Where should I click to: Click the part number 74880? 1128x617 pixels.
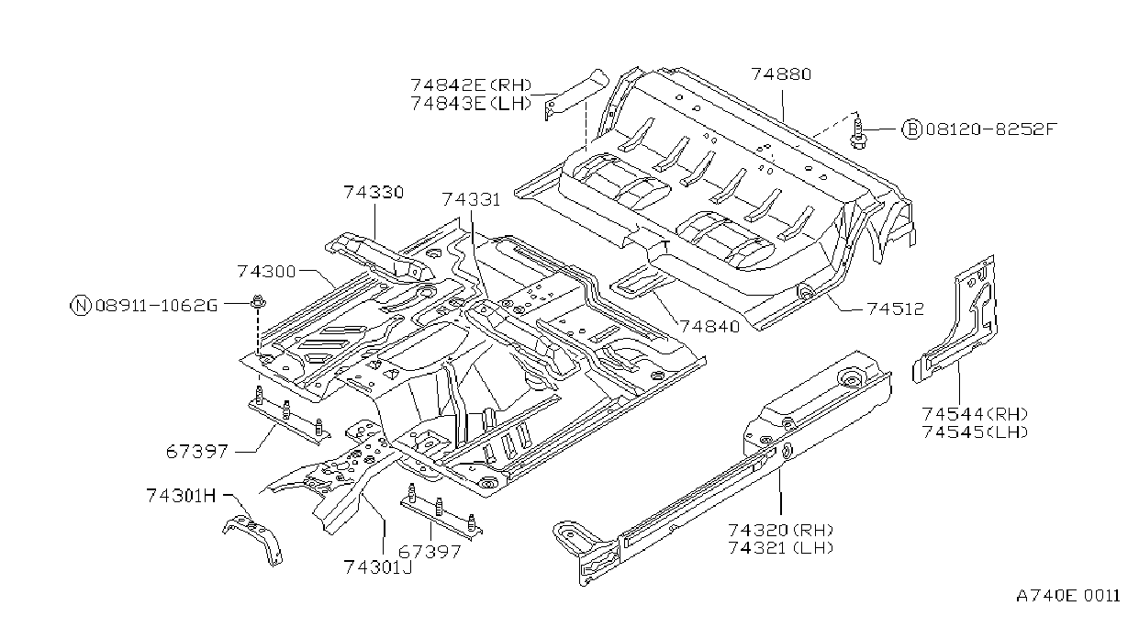(x=781, y=74)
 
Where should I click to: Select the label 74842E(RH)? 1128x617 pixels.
(x=472, y=84)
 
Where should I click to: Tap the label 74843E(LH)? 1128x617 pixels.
(x=472, y=103)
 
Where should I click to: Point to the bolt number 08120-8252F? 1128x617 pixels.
(x=990, y=129)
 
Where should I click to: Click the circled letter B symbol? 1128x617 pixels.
(x=911, y=129)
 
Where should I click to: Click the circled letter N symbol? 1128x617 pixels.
(x=80, y=305)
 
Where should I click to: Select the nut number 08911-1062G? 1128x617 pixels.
(x=157, y=306)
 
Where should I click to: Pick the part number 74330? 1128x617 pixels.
(x=374, y=193)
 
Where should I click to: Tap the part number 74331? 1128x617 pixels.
(x=472, y=200)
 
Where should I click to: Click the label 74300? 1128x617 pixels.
(x=266, y=272)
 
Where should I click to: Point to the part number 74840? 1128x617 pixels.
(x=710, y=327)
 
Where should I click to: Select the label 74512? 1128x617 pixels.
(x=896, y=308)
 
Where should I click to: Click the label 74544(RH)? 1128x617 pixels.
(x=975, y=414)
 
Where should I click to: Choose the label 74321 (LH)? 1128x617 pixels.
(x=780, y=548)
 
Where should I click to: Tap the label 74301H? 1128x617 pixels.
(x=182, y=496)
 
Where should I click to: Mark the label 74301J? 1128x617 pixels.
(x=378, y=567)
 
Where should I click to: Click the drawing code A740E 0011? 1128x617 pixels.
(x=1068, y=596)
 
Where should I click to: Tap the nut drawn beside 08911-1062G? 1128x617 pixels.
(x=258, y=302)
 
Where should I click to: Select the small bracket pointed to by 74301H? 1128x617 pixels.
(x=253, y=536)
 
